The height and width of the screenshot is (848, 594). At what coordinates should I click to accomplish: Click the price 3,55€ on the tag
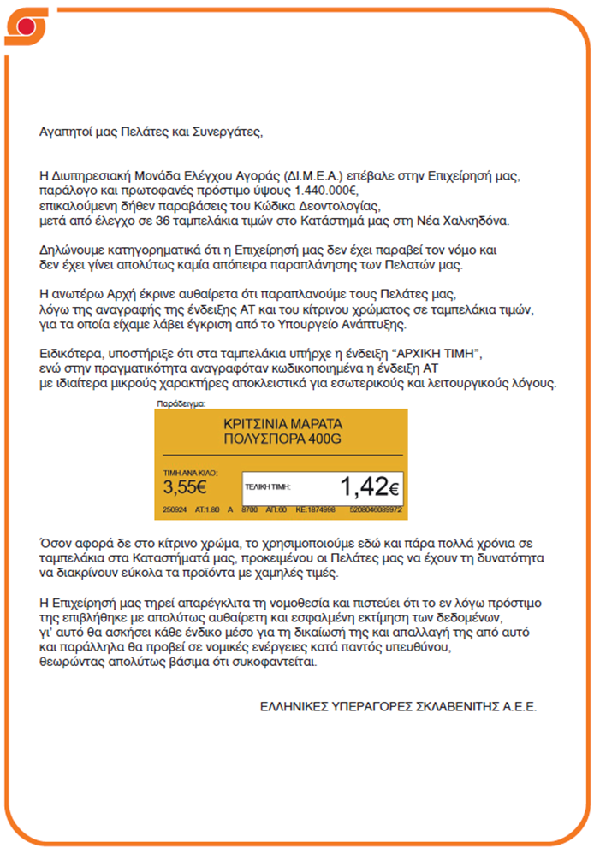click(185, 488)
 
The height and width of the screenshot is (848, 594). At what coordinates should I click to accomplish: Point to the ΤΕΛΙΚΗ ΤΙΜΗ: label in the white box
click(268, 486)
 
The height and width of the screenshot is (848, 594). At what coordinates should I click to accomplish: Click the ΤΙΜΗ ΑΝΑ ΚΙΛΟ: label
click(191, 472)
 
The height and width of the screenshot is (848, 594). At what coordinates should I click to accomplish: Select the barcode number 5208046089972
click(377, 509)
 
